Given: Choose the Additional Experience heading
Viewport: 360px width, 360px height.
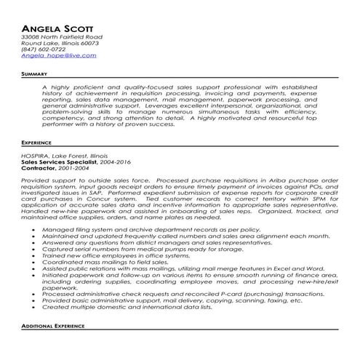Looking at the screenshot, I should tap(55, 346).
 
